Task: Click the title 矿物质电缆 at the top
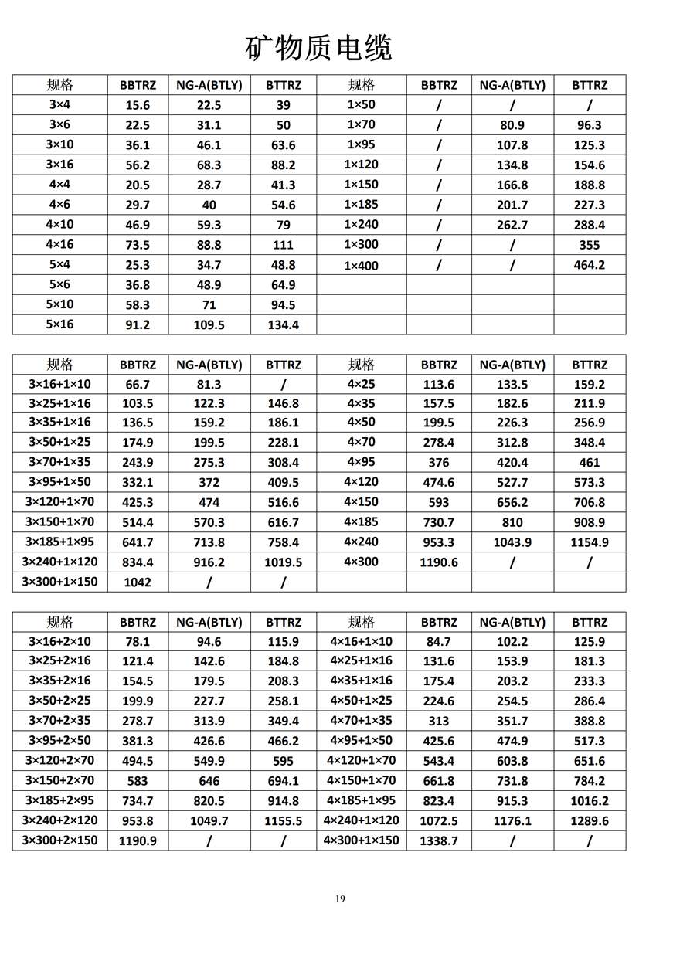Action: (318, 48)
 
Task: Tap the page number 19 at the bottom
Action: (340, 898)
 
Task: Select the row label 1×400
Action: (361, 265)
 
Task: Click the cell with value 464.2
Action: (589, 265)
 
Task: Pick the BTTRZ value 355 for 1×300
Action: (589, 245)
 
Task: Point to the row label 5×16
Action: (59, 324)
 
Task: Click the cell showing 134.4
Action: (283, 325)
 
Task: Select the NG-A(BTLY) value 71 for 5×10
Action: (209, 305)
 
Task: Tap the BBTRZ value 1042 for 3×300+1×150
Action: (138, 582)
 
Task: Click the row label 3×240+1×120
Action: (59, 562)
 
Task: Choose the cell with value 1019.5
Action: (283, 562)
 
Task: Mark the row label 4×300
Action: (361, 562)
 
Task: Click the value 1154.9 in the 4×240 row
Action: (589, 542)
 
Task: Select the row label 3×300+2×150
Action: (59, 840)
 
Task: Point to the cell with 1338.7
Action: (439, 840)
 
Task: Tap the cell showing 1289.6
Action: (589, 820)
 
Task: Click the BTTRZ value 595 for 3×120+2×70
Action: (283, 761)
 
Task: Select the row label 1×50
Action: (361, 104)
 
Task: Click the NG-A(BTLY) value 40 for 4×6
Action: (209, 205)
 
